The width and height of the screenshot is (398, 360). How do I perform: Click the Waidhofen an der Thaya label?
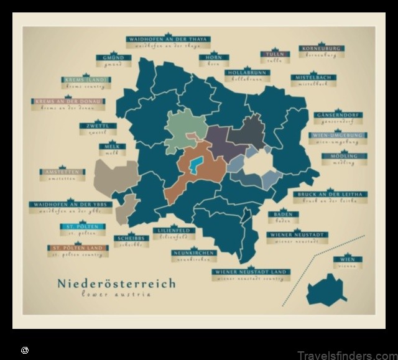(x=168, y=39)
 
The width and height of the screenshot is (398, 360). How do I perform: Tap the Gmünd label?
(x=113, y=58)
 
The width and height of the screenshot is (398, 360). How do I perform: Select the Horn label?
(x=210, y=57)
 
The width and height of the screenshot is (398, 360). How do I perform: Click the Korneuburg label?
(x=321, y=48)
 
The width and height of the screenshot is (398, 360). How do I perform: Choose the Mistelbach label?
(x=313, y=77)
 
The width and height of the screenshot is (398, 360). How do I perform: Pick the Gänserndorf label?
(x=338, y=115)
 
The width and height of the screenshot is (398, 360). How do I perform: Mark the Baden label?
(x=283, y=215)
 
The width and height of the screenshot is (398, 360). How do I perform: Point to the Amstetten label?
(x=62, y=172)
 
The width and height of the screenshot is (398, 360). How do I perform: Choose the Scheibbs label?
(x=131, y=238)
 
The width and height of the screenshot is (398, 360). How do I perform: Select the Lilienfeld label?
(x=173, y=231)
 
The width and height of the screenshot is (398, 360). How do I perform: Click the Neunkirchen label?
(x=194, y=253)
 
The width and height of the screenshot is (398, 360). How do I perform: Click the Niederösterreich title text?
(x=116, y=284)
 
